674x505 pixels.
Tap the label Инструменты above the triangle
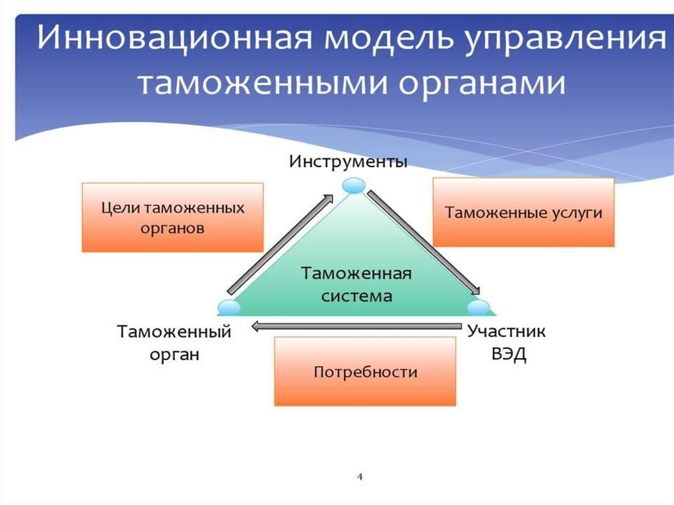348,161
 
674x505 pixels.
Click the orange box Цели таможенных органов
172,218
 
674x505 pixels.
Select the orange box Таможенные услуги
523,213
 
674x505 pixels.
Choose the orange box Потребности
365,371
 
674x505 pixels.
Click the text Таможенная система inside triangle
357,284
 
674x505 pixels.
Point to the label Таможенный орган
174,342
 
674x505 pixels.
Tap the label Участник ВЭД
506,342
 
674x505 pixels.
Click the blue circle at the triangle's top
354,186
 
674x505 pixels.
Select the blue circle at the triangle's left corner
228,306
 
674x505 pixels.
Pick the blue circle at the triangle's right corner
479,306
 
